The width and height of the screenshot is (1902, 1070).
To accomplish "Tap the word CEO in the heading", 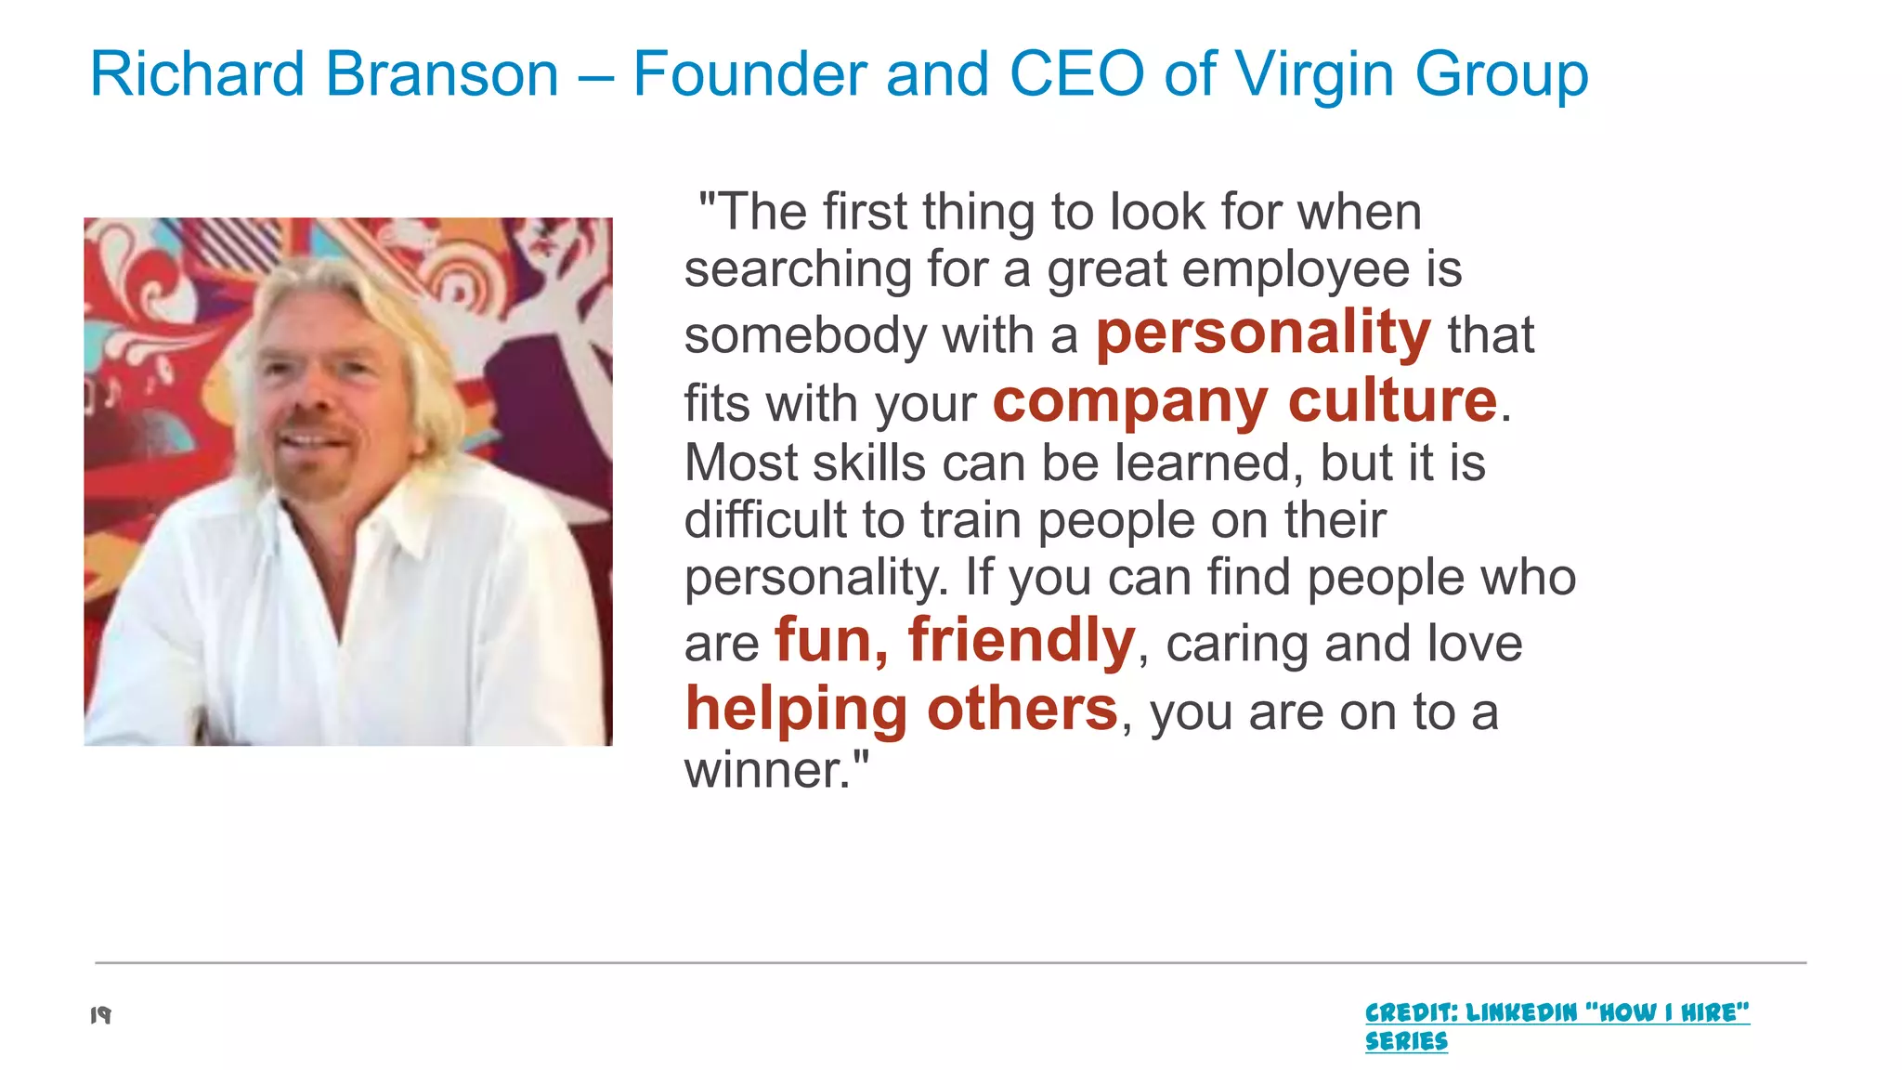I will pos(1076,74).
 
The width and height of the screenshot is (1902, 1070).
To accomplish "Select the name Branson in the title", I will pos(442,74).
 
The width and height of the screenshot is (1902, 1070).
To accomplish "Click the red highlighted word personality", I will pos(1263,333).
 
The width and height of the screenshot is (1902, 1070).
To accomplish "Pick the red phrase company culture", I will pos(1244,401).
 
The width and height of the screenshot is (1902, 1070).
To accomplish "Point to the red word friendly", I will pos(1022,641).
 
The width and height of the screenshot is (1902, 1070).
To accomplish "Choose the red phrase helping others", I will pos(901,710).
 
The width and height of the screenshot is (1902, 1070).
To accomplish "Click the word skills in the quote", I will pos(869,463).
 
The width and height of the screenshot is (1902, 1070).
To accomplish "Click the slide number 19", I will pos(100,1015).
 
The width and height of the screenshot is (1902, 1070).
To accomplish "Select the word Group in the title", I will pos(1501,74).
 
